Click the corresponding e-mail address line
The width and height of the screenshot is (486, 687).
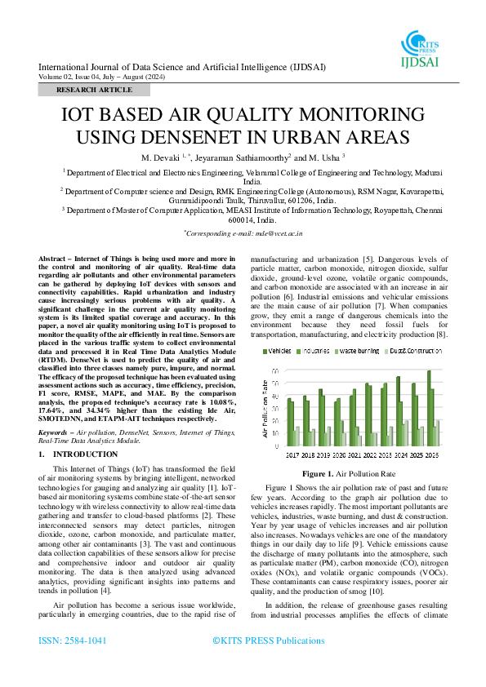click(x=244, y=233)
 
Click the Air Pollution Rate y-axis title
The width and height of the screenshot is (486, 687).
click(x=265, y=404)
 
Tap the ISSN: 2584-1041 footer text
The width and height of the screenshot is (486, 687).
click(x=73, y=664)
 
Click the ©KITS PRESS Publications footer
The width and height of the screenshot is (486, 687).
click(x=268, y=664)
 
